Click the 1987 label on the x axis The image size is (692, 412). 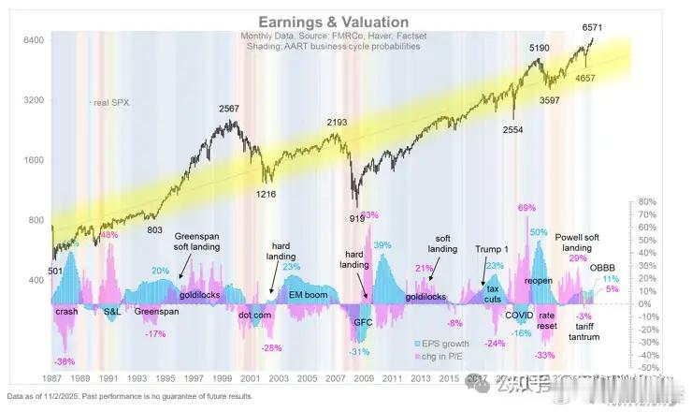(x=52, y=379)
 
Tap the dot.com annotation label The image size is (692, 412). (x=255, y=316)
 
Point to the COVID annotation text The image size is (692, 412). (x=519, y=315)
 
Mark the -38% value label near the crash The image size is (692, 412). (x=65, y=361)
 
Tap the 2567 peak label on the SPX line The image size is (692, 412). (x=229, y=109)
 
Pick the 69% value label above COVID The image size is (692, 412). (x=526, y=208)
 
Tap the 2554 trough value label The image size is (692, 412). (x=512, y=130)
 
